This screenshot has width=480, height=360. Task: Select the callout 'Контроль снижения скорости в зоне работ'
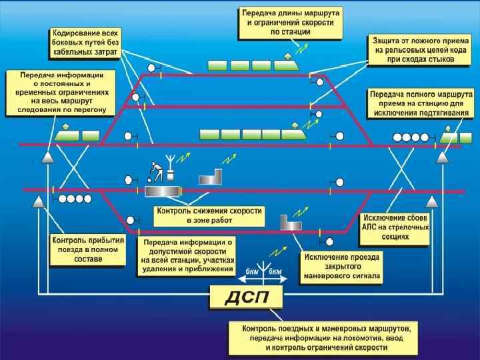pyautogui.click(x=209, y=215)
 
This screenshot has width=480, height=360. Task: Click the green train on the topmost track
pyautogui.click(x=252, y=65)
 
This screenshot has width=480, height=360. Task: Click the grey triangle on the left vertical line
pyautogui.click(x=48, y=157)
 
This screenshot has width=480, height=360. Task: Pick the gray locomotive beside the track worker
pyautogui.click(x=162, y=191)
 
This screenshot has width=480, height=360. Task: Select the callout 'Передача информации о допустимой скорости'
pyautogui.click(x=187, y=256)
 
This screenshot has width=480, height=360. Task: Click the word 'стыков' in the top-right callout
pyautogui.click(x=439, y=59)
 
